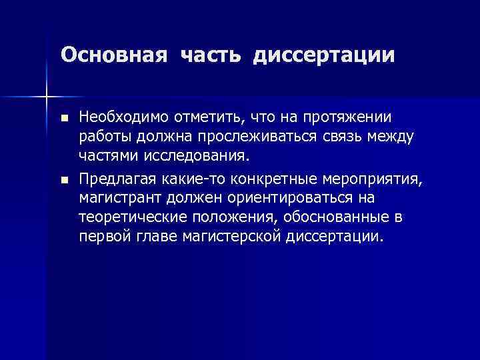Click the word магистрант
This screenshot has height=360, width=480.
click(x=117, y=198)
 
